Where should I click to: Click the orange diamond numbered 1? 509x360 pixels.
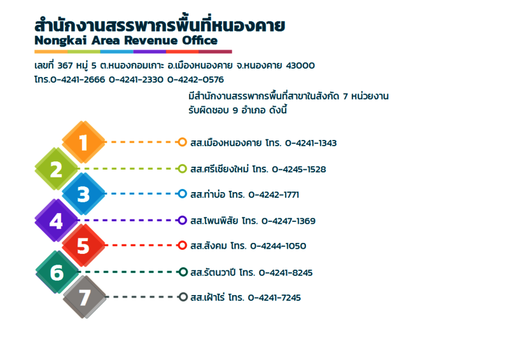pyautogui.click(x=83, y=142)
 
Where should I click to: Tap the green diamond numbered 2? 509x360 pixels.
pyautogui.click(x=57, y=169)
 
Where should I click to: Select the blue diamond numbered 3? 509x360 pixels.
pyautogui.click(x=83, y=194)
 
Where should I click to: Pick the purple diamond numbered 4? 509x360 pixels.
pyautogui.click(x=57, y=221)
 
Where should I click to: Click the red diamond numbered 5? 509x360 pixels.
pyautogui.click(x=83, y=246)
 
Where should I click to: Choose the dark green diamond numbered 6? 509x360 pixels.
pyautogui.click(x=57, y=272)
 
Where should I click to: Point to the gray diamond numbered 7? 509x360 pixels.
pyautogui.click(x=85, y=297)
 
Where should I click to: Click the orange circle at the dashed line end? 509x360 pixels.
pyautogui.click(x=182, y=142)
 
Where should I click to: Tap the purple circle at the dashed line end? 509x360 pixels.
pyautogui.click(x=182, y=221)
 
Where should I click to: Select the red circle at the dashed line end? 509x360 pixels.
pyautogui.click(x=182, y=246)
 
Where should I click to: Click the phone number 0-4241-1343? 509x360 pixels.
pyautogui.click(x=311, y=143)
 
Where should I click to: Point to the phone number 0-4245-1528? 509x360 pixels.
pyautogui.click(x=299, y=169)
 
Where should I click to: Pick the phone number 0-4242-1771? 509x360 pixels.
pyautogui.click(x=274, y=195)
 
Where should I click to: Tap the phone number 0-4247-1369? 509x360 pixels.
pyautogui.click(x=289, y=221)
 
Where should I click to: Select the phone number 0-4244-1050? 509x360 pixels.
pyautogui.click(x=278, y=246)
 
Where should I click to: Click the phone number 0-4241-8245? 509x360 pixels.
pyautogui.click(x=286, y=273)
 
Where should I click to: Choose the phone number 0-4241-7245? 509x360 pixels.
pyautogui.click(x=275, y=298)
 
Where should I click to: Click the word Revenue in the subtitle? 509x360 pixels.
pyautogui.click(x=151, y=41)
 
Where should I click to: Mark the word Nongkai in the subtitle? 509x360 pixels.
pyautogui.click(x=60, y=41)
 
